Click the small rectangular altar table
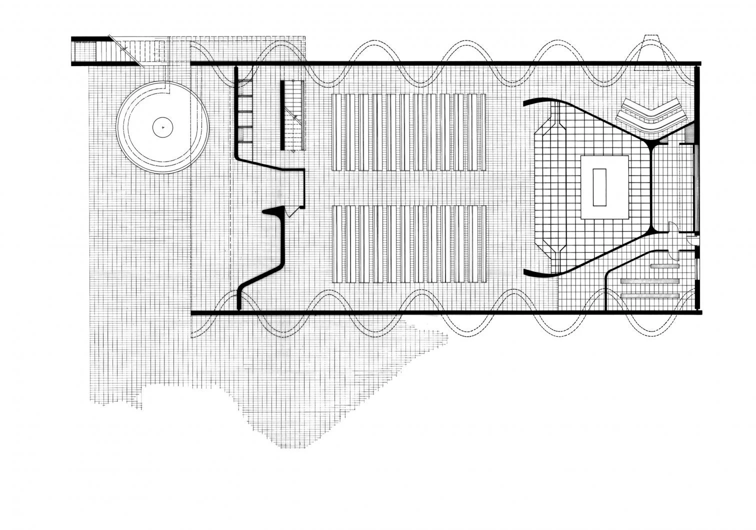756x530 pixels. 599,187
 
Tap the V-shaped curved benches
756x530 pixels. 650,116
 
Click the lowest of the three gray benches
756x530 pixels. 650,296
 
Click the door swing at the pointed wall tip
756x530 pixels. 289,212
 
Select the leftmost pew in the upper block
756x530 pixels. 337,132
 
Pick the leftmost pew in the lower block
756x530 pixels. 337,244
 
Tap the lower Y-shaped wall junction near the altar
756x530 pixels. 651,230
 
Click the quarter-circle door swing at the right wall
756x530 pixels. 692,240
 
